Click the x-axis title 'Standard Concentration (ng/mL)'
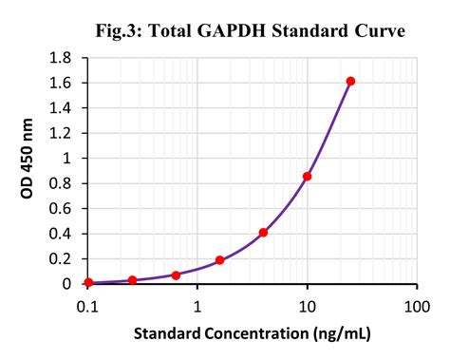[x=252, y=333]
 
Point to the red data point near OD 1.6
[x=350, y=82]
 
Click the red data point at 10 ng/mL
[x=307, y=176]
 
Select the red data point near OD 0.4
[x=263, y=232]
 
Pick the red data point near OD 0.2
[x=219, y=260]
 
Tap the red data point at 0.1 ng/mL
[x=88, y=282]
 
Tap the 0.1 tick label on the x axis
[x=88, y=306]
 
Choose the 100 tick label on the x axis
[x=417, y=306]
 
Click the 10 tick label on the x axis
[x=307, y=306]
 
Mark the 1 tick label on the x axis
[x=197, y=306]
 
